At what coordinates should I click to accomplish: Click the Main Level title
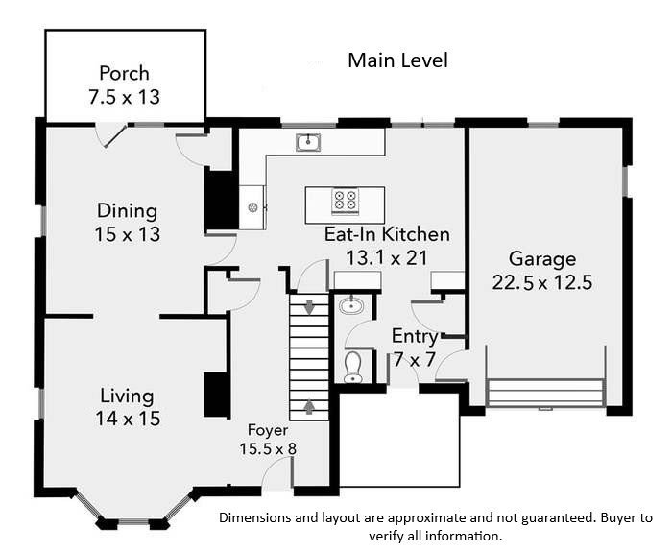(397, 60)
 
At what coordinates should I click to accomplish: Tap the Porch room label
(124, 73)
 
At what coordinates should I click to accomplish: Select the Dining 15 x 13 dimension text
(128, 234)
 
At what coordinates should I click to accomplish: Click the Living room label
(127, 396)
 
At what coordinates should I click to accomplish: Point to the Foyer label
(268, 429)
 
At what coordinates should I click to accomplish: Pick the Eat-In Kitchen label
(387, 234)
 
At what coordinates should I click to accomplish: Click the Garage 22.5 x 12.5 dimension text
(542, 283)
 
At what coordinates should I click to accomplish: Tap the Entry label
(415, 336)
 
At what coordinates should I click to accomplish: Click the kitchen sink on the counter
(308, 142)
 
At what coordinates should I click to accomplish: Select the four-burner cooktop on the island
(345, 200)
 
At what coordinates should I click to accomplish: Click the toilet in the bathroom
(353, 368)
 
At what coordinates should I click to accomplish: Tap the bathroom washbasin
(351, 305)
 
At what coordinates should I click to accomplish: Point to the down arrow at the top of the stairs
(309, 307)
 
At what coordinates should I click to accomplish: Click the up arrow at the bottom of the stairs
(309, 407)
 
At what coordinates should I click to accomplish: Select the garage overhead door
(545, 392)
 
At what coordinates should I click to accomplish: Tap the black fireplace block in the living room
(216, 396)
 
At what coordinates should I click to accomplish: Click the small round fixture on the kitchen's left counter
(252, 208)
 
